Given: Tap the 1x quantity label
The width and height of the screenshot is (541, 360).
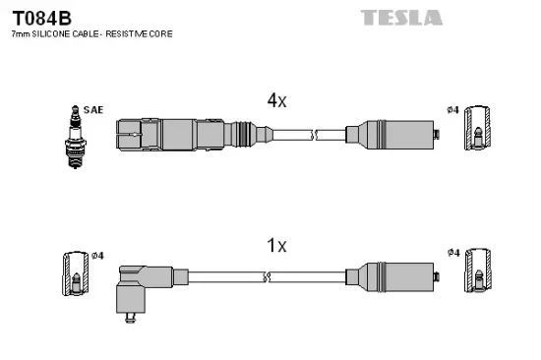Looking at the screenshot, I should [x=276, y=245].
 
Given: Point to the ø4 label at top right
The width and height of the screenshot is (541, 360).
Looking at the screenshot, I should [x=453, y=108].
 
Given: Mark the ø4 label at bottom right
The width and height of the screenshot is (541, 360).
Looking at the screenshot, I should [x=453, y=253].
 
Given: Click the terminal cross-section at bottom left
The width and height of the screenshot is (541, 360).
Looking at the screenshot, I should [x=75, y=276].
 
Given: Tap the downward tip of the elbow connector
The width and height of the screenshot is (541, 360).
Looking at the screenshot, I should [x=131, y=317].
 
